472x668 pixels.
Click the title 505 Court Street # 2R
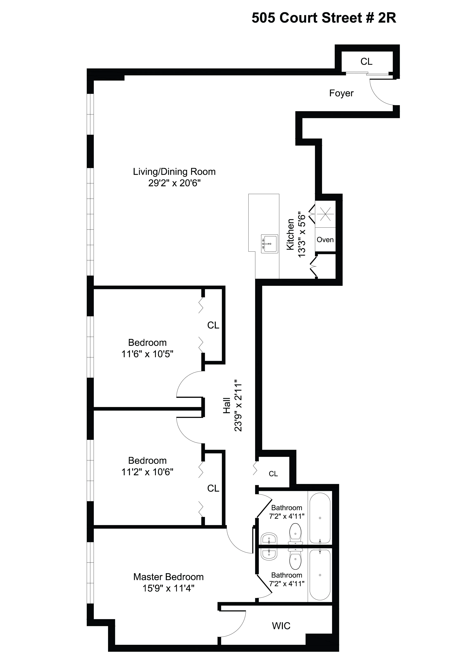pos(324,18)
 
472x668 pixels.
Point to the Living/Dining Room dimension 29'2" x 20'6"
pos(174,183)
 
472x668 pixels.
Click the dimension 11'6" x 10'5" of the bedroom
pos(147,354)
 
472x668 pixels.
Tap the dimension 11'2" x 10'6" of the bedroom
pos(147,472)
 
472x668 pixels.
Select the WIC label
pos(281,626)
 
